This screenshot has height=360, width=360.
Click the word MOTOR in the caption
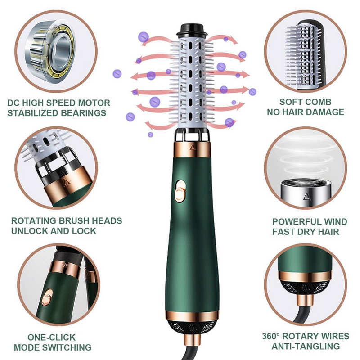pos(94,103)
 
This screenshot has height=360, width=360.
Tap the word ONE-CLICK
pos(51,337)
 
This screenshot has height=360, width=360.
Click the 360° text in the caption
pos(271,336)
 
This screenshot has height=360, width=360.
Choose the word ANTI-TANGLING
pos(306,346)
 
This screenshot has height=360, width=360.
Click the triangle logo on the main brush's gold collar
pos(193,147)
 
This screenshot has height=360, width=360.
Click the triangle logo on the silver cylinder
pos(306,197)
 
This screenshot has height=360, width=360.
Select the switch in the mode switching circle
pos(47,298)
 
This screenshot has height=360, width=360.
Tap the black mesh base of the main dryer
pos(192,327)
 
